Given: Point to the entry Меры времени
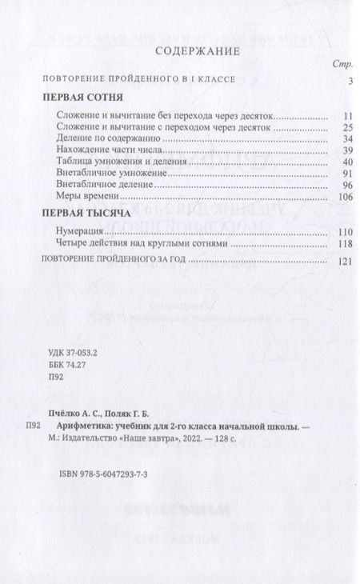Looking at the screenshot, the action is [x=88, y=196].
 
